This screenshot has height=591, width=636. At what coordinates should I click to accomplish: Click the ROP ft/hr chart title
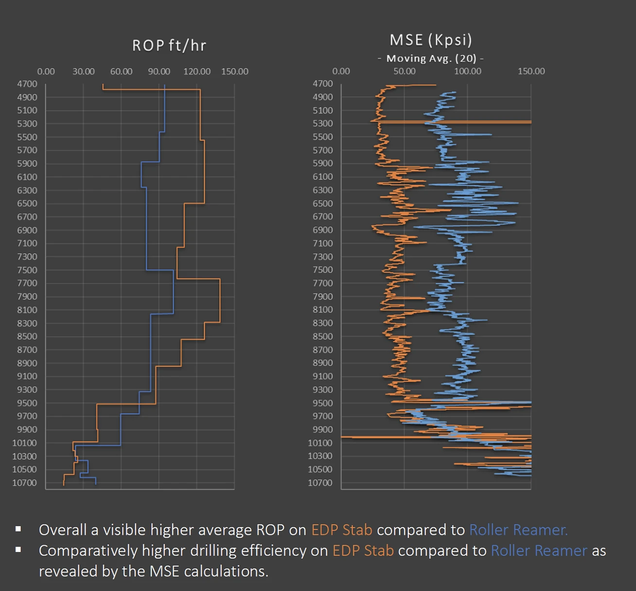[x=169, y=46]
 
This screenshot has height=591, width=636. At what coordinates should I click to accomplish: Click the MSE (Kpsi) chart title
[x=431, y=40]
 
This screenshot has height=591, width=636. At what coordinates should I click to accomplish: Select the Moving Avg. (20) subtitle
[x=431, y=59]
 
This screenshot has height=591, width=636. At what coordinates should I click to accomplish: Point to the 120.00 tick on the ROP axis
[x=197, y=71]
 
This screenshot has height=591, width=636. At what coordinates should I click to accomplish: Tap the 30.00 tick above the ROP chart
[x=84, y=71]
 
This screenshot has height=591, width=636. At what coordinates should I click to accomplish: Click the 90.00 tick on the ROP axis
[x=159, y=71]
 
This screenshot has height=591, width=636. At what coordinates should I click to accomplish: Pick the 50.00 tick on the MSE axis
[x=405, y=71]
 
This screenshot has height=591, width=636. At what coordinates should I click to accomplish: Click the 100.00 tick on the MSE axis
[x=468, y=71]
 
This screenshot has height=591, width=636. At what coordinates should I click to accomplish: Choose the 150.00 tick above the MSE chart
[x=531, y=71]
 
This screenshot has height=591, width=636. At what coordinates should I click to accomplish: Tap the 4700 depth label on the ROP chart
[x=27, y=84]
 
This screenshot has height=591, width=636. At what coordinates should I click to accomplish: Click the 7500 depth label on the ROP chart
[x=27, y=270]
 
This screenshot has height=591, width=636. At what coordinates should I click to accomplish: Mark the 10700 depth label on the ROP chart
[x=25, y=483]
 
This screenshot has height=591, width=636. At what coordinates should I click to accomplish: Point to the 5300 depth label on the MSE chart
[x=323, y=124]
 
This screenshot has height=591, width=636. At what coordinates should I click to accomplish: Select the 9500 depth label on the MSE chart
[x=323, y=403]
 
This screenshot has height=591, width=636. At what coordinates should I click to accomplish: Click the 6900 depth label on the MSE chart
[x=323, y=230]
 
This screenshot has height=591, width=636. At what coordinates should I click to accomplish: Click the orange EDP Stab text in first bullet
[x=342, y=530]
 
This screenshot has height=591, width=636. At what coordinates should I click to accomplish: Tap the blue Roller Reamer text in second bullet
[x=539, y=551]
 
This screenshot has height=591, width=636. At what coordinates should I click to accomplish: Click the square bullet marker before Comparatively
[x=18, y=550]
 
